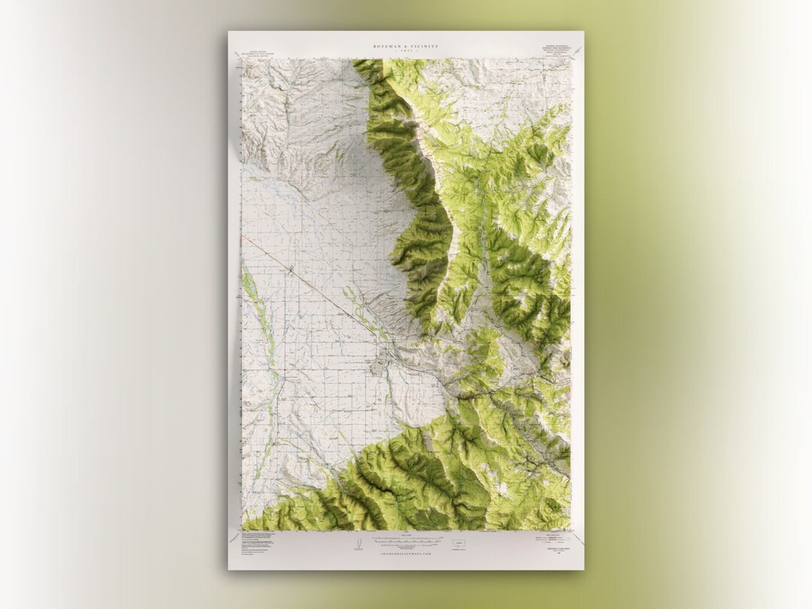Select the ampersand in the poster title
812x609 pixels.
(x=407, y=47)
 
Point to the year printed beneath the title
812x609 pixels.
(x=407, y=52)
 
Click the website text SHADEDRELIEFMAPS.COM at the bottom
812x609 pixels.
(x=406, y=553)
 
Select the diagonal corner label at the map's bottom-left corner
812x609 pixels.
(x=236, y=538)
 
